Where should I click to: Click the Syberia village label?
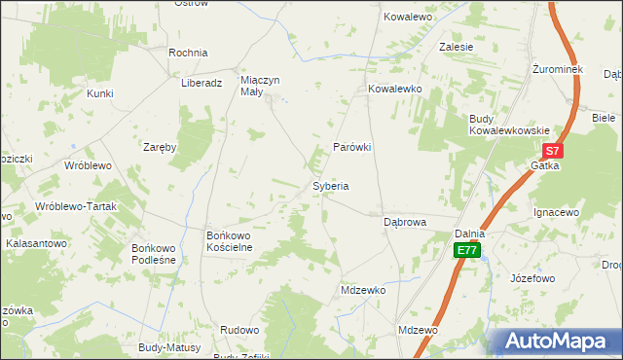coord(330,185)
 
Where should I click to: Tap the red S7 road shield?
coord(552,151)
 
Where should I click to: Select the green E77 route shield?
coord(467,250)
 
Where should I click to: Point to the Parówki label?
coord(353,147)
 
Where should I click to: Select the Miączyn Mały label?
coord(260,88)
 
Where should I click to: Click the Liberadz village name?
coord(202,83)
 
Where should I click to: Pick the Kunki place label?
coord(99,93)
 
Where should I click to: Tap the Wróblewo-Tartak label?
coord(75,207)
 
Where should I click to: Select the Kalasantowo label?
coord(36,243)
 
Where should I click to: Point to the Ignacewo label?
coord(557,211)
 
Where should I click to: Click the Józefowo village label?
coord(532,277)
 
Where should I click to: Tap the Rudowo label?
coord(239,330)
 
